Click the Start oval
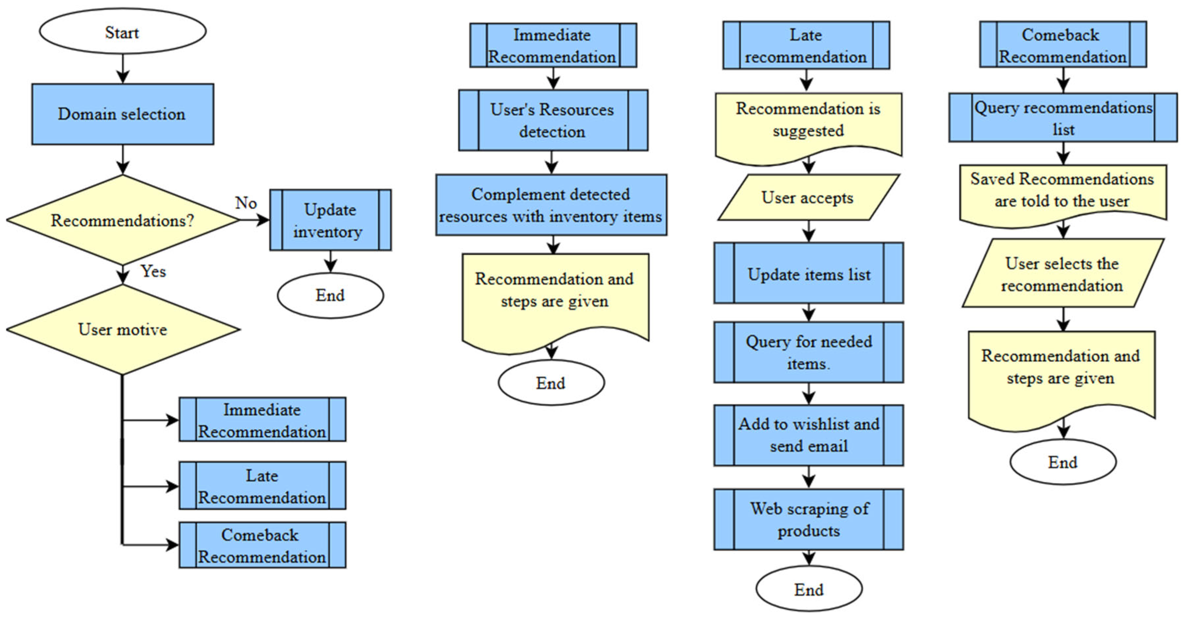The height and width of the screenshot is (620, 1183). pos(122,32)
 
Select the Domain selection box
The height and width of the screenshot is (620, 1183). pos(122,114)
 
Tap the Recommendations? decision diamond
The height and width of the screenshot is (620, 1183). pos(122,220)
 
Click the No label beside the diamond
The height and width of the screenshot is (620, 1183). pos(246,203)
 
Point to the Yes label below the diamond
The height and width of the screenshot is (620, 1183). pos(153,271)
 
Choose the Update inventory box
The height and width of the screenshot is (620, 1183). pos(330,220)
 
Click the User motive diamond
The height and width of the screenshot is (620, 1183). pos(122,329)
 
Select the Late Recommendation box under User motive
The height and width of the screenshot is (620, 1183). pos(262,486)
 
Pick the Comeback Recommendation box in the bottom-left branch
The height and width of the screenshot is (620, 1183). pos(262,545)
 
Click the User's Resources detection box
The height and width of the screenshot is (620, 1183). pos(553,120)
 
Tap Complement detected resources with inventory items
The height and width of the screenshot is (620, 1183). pos(551,205)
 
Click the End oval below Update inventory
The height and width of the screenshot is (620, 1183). pos(330,295)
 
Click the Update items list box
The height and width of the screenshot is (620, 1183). pos(808,274)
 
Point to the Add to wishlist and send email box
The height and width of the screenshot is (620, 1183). pos(808,435)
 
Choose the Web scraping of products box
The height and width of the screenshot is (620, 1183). pos(808,520)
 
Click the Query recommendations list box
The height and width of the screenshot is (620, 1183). pos(1063,118)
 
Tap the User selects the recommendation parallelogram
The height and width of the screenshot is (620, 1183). pos(1062,274)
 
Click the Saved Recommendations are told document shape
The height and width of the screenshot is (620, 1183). pos(1062,191)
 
